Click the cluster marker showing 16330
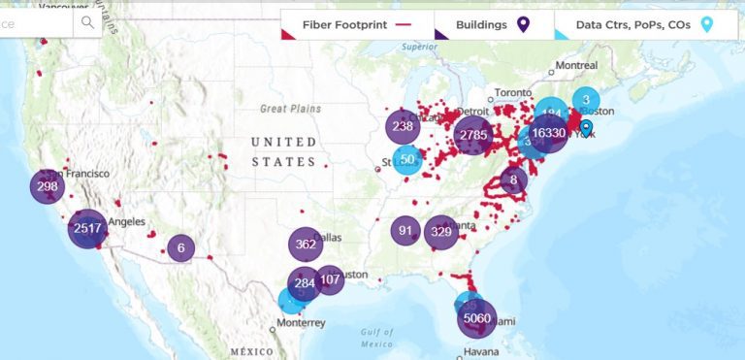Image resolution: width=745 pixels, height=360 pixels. coord(548,133)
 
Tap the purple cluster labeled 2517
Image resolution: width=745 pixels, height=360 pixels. coord(86,229)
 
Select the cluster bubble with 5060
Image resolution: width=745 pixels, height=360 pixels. coord(477,317)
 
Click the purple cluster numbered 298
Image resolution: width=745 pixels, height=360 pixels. coord(48,185)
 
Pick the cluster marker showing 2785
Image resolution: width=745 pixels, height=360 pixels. coord(473,135)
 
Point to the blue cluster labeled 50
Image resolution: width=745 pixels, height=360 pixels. coord(408,159)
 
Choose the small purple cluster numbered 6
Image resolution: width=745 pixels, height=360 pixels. coord(180,248)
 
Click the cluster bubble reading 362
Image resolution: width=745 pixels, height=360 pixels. coord(306,245)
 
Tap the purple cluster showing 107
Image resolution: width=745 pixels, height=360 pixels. coord(330,279)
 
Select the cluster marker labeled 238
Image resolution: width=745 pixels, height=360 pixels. coord(403,126)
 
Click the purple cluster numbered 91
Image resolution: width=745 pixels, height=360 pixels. coord(405,231)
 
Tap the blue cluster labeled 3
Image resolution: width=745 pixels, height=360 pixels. coord(586,99)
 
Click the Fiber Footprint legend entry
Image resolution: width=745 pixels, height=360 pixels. coord(355,24)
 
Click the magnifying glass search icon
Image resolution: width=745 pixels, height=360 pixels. coord(89,21)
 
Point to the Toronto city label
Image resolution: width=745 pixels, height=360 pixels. coord(514,93)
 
